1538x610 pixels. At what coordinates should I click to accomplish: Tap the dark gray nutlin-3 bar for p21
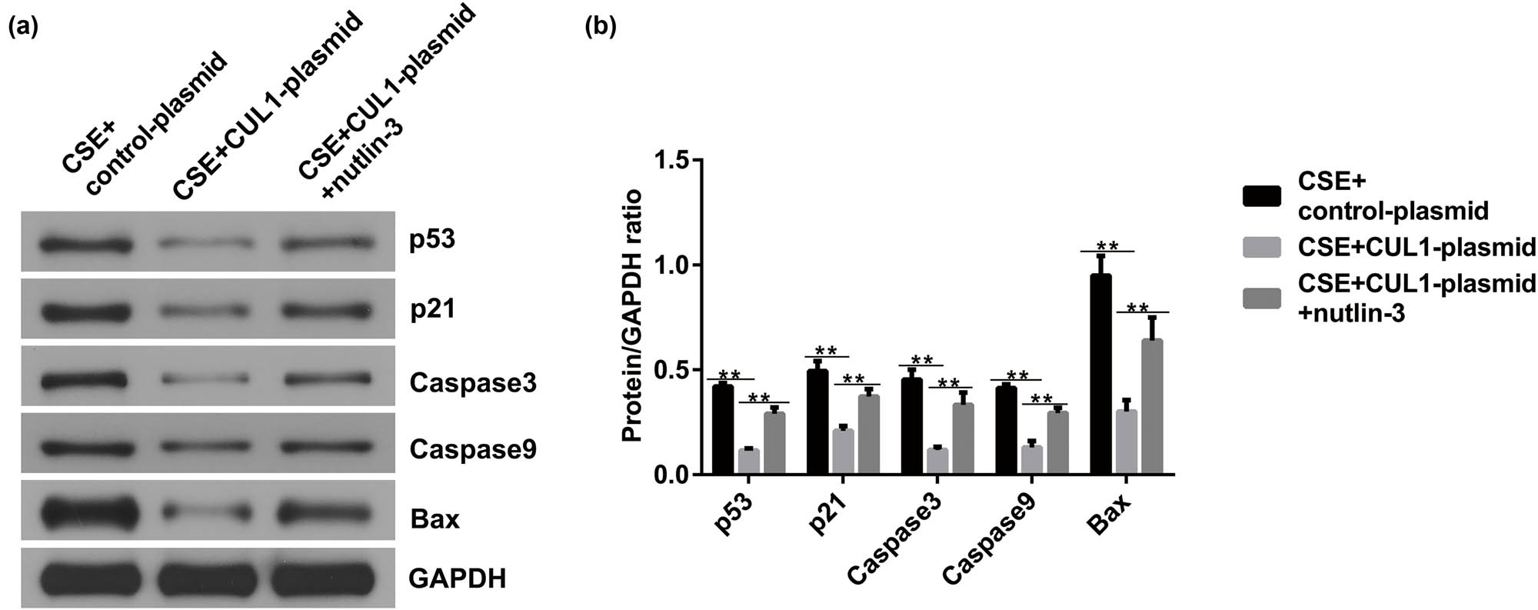pos(869,435)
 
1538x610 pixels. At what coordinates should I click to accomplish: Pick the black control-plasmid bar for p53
pos(723,430)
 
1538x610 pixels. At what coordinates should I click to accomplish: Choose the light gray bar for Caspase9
pos(1032,460)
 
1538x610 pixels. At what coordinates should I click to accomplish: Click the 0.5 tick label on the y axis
pos(672,370)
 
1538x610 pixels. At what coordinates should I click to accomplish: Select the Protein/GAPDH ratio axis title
pos(632,316)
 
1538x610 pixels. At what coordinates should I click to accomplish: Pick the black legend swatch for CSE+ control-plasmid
pos(1261,196)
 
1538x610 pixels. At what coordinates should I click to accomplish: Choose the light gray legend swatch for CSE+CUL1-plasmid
pos(1261,247)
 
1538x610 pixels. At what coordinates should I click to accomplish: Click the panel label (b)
pos(600,28)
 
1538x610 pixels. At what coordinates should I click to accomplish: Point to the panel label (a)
pos(22,28)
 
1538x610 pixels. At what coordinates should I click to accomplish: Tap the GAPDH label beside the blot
pos(457,578)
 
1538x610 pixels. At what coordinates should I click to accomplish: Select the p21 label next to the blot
pos(432,309)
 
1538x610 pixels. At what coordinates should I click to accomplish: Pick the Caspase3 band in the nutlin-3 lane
pos(327,379)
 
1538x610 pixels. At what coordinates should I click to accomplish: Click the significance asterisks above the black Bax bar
pos(1107,246)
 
